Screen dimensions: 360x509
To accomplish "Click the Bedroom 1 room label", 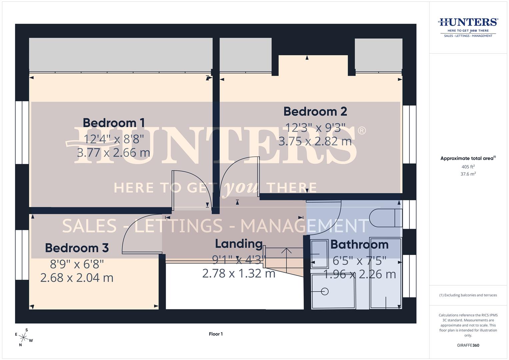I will (x=114, y=123).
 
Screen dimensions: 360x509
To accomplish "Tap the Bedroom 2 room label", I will (x=315, y=111).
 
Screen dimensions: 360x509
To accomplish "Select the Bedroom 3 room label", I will (x=77, y=248).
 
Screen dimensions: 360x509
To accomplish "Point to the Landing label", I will (x=239, y=244).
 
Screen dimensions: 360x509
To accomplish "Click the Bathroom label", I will (x=359, y=245).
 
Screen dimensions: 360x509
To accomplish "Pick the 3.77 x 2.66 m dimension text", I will (x=113, y=153).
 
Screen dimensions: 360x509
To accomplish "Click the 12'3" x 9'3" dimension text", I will (x=315, y=128).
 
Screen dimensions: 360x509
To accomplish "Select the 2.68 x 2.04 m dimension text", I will (x=77, y=278).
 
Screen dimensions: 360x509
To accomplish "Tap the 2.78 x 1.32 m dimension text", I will (x=239, y=274).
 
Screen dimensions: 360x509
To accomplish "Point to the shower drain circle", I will (x=325, y=292).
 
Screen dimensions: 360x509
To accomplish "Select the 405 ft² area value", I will (x=468, y=167).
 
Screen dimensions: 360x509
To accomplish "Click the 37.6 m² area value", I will (x=468, y=174).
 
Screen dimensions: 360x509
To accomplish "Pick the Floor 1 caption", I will (x=216, y=334).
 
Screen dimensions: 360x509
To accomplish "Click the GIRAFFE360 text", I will (x=468, y=345).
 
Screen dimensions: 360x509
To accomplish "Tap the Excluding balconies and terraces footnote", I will (x=468, y=295).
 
